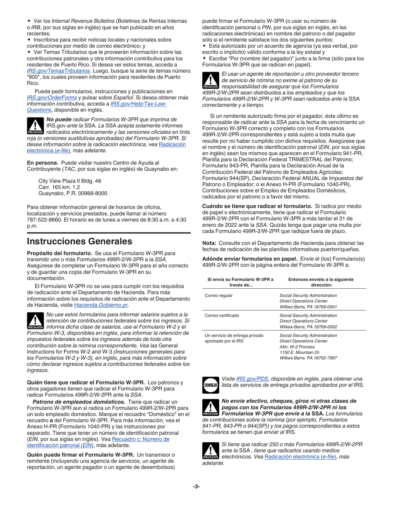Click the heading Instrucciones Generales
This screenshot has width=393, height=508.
click(x=79, y=241)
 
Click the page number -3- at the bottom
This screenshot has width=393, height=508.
click(x=196, y=486)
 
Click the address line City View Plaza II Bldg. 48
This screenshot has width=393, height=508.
click(x=69, y=181)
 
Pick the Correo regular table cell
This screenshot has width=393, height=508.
click(x=218, y=295)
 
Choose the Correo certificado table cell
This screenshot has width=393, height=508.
click(x=222, y=316)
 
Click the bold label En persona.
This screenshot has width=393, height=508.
click(x=42, y=163)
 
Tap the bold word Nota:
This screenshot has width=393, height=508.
click(x=209, y=243)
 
